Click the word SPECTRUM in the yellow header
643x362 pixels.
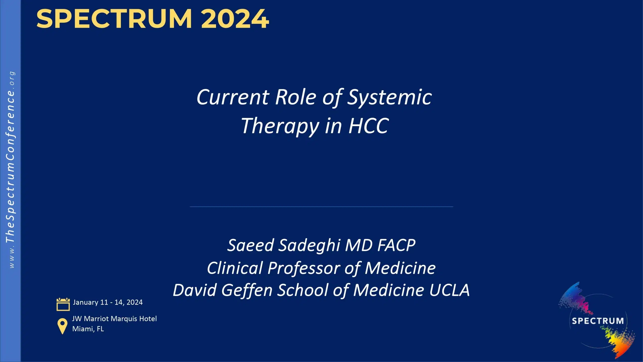point(114,19)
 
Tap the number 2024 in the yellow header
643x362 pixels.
point(235,19)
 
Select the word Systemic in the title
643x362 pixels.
point(389,98)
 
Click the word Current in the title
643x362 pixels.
point(233,98)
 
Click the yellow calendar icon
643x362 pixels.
point(63,304)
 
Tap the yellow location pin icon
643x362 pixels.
point(62,326)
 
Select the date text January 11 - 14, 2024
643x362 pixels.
point(108,302)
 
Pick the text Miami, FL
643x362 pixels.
point(88,329)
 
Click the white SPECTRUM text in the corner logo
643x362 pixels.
point(598,321)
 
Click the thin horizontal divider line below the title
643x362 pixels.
point(321,207)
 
